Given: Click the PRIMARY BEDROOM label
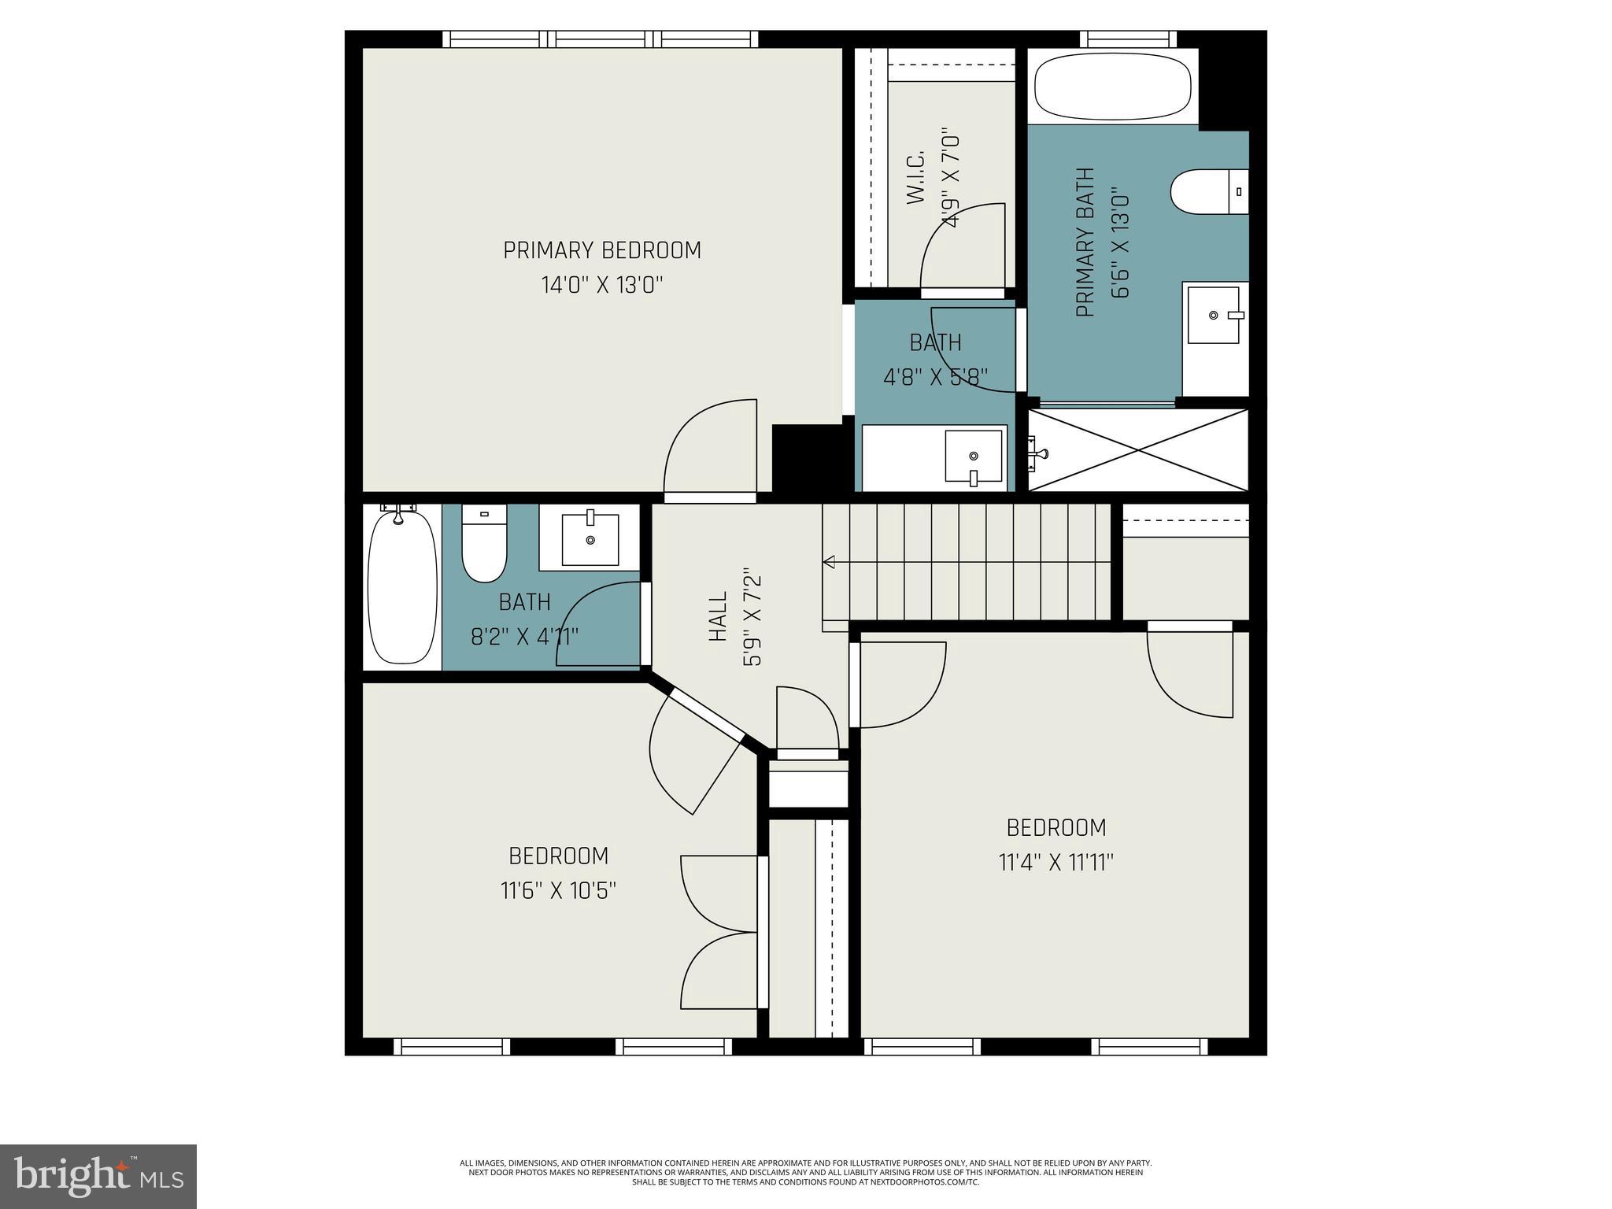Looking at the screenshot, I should [x=602, y=250].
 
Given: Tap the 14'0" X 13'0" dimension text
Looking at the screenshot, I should [x=602, y=285].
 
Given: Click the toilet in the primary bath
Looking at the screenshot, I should [x=1208, y=191].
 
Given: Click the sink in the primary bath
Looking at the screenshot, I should [x=1213, y=315].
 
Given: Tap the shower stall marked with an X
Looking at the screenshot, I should [x=1138, y=450].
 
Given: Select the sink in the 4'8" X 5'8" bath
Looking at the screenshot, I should [x=974, y=457].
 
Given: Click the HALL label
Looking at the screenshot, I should [x=718, y=617].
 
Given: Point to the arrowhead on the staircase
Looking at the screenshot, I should [x=829, y=562].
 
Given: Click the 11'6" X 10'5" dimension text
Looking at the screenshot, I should [x=558, y=891].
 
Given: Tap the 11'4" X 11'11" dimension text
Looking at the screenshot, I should [x=1056, y=863].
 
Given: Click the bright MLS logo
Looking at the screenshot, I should [x=98, y=1176].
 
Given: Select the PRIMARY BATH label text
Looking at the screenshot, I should [x=1086, y=242].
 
